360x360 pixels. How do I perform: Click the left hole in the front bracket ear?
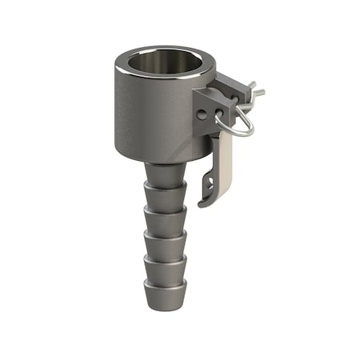pyautogui.click(x=202, y=114)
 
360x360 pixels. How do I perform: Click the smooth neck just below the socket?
pyautogui.click(x=165, y=171)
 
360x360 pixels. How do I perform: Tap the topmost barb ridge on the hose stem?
pyautogui.click(x=165, y=190)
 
